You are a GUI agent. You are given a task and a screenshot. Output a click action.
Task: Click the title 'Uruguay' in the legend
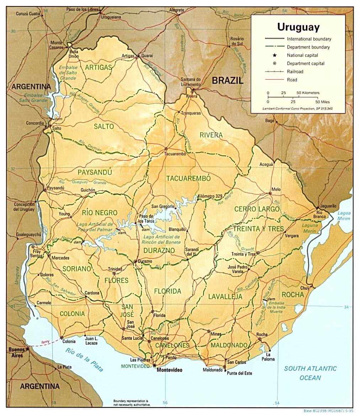298,27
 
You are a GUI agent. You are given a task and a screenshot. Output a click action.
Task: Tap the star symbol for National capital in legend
275,55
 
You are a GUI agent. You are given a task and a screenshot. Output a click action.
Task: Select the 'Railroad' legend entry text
295,72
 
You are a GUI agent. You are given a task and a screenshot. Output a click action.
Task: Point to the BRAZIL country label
228,80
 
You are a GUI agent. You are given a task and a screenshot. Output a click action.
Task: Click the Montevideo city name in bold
169,370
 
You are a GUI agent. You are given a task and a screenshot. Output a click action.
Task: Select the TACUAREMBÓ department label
189,178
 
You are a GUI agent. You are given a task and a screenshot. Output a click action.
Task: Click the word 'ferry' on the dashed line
45,341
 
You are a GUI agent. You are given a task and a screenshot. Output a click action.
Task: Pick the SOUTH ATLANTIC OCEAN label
310,373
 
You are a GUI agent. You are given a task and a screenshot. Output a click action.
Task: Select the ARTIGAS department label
99,67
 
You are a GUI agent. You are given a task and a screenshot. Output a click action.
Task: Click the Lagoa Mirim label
344,216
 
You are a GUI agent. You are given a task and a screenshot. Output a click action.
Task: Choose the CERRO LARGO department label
257,209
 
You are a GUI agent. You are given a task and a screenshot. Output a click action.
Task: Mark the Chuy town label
305,288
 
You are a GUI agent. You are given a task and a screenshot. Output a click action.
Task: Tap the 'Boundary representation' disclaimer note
132,403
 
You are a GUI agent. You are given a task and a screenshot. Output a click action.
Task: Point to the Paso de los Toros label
146,218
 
